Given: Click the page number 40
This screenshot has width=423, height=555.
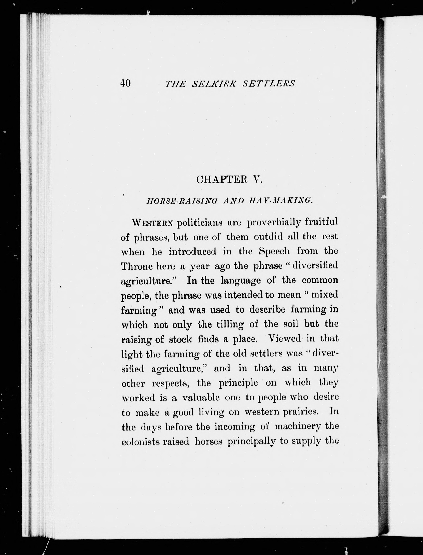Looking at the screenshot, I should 125,83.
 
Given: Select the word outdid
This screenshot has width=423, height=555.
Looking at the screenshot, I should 268,237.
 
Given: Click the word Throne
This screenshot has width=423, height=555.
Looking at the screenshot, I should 136,266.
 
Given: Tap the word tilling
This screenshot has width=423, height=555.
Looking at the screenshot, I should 230,324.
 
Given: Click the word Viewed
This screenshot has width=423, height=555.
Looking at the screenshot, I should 284,339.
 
